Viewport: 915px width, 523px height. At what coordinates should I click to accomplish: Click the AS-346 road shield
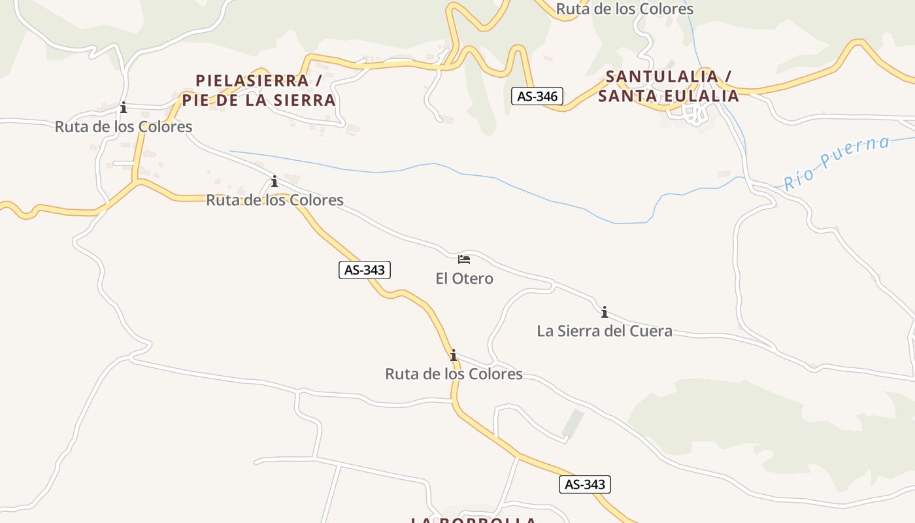click(x=537, y=97)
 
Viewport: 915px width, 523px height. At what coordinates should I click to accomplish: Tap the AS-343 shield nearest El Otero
click(x=365, y=269)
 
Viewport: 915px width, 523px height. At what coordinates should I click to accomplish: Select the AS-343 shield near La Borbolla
click(x=585, y=484)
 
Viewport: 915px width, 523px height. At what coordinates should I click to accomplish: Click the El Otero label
click(x=464, y=278)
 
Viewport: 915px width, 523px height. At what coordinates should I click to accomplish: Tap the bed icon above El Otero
click(x=464, y=260)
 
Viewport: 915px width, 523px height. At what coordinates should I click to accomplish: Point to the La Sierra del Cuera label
click(x=604, y=331)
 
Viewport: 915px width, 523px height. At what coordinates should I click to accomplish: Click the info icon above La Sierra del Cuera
click(x=605, y=312)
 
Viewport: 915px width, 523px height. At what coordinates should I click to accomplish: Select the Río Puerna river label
click(x=837, y=163)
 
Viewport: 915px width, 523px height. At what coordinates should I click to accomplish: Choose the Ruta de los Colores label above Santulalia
click(x=624, y=9)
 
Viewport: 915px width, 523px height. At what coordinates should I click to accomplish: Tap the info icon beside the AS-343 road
click(x=453, y=355)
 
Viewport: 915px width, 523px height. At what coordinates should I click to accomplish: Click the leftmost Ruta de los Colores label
click(x=124, y=126)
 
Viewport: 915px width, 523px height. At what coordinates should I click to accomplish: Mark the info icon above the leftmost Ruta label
click(x=124, y=107)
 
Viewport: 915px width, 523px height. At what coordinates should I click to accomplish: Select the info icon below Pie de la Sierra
click(x=274, y=180)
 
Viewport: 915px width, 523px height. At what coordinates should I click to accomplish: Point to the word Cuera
click(x=650, y=331)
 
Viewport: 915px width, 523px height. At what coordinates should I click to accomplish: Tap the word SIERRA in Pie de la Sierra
click(x=301, y=101)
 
